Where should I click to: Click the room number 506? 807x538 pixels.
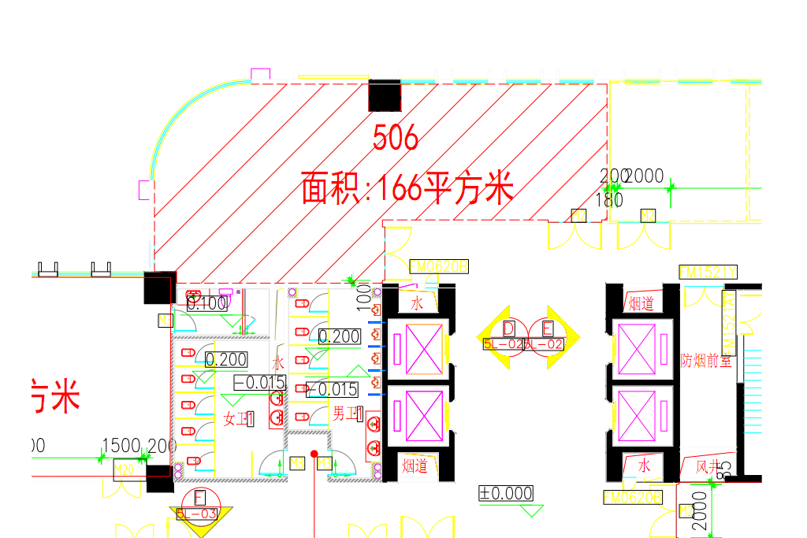click(396, 139)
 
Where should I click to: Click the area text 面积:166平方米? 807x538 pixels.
click(407, 190)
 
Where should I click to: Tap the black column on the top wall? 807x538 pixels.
click(385, 95)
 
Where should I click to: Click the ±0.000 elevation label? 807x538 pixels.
click(506, 494)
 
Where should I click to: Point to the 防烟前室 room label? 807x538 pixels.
click(706, 361)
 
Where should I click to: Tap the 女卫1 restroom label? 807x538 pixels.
click(239, 419)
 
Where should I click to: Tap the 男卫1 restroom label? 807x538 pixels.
click(347, 414)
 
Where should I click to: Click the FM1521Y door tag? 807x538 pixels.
click(707, 273)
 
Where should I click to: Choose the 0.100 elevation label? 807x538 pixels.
click(207, 303)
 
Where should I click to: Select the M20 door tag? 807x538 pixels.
click(124, 470)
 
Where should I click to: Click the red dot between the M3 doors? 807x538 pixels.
click(314, 454)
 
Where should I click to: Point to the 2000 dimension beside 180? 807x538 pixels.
click(645, 176)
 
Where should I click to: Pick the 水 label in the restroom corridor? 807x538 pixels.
click(277, 363)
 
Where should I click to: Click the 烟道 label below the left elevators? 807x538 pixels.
click(415, 466)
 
